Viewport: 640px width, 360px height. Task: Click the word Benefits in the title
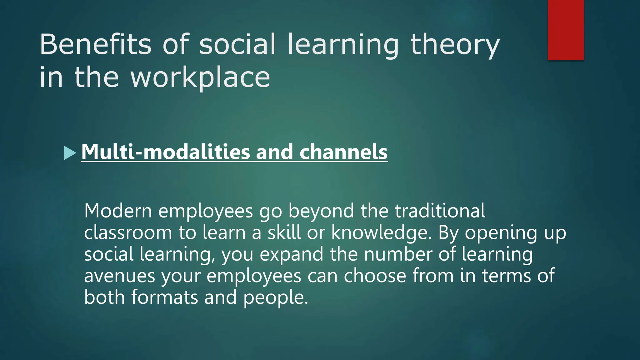96,44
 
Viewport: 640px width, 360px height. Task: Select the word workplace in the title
200,77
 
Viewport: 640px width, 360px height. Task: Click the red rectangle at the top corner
566,30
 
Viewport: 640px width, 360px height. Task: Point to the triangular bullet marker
70,153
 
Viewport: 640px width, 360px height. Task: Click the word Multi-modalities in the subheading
165,152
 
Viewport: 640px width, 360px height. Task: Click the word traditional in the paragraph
440,211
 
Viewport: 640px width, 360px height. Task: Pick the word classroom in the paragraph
128,233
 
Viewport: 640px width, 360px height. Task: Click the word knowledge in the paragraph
381,233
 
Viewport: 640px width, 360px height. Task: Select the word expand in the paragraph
291,254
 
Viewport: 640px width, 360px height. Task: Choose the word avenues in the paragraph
119,276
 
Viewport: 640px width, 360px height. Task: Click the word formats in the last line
164,297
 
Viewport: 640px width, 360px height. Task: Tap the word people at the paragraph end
275,297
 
